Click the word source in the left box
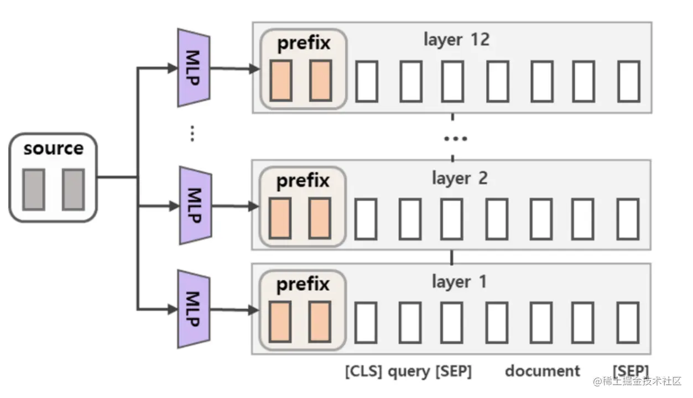53,148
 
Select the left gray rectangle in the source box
33,189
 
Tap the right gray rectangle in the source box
73,189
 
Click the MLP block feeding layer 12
193,68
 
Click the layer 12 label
456,39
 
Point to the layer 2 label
460,178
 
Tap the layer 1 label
459,281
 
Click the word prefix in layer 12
304,43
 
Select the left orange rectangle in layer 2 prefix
280,218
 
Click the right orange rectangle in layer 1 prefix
320,321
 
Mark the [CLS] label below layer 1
363,371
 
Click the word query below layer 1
409,371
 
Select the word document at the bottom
543,371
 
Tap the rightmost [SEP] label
631,371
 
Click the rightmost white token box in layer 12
628,81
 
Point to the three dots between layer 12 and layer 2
455,138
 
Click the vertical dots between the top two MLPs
192,133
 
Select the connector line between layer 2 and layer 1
452,258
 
